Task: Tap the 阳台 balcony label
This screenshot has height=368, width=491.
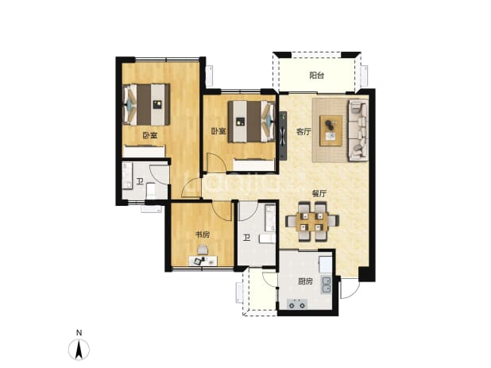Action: click(316, 76)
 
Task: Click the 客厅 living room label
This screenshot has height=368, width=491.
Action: click(303, 132)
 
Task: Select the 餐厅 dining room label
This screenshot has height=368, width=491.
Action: click(319, 194)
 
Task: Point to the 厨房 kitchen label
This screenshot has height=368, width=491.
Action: click(305, 281)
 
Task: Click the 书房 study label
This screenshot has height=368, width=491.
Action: click(203, 234)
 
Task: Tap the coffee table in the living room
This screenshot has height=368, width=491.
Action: click(331, 130)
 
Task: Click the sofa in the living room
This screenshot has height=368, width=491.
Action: click(358, 130)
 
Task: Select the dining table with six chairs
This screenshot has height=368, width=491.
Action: click(312, 222)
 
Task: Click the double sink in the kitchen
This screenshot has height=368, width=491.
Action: click(327, 285)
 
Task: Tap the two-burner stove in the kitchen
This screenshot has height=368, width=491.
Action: click(297, 304)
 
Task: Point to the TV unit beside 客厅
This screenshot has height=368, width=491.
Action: click(283, 135)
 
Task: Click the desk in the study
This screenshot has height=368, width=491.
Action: click(203, 261)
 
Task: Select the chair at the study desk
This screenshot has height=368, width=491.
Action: click(203, 250)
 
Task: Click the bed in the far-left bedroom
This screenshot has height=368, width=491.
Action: click(146, 104)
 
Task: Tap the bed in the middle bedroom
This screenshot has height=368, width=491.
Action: click(251, 122)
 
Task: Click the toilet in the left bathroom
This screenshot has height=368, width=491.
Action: click(151, 191)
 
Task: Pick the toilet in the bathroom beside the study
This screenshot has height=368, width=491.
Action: click(267, 239)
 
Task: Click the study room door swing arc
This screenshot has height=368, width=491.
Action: click(222, 211)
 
